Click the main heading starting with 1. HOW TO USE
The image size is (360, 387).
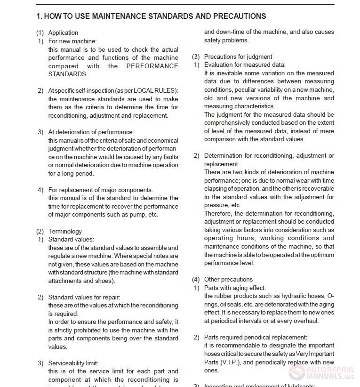click(151, 16)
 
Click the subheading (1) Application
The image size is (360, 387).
click(57, 32)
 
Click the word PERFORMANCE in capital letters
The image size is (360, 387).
click(152, 66)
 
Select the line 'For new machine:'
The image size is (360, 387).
click(72, 41)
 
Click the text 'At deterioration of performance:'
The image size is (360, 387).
click(91, 132)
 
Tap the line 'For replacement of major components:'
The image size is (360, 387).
click(100, 190)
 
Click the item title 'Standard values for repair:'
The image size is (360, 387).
click(84, 297)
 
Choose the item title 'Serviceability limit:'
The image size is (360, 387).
click(73, 363)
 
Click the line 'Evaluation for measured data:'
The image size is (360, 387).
click(245, 64)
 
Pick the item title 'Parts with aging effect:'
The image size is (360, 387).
click(235, 288)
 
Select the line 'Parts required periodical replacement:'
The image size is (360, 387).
click(256, 337)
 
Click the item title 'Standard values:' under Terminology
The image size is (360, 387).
click(71, 239)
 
